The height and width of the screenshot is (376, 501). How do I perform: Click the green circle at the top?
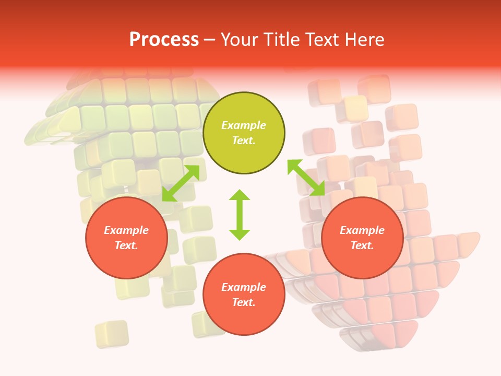(x=244, y=133)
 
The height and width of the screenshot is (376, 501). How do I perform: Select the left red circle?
(x=126, y=238)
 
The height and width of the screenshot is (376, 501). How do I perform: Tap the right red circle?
(x=362, y=238)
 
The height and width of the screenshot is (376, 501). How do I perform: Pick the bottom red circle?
(x=244, y=295)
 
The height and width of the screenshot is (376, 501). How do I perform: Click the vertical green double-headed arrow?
(x=240, y=215)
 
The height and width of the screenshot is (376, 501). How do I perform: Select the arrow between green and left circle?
(x=181, y=183)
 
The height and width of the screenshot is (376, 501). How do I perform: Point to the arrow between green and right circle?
(x=306, y=178)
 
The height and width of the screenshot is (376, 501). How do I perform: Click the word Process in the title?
(x=164, y=39)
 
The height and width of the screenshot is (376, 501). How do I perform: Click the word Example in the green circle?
(x=244, y=125)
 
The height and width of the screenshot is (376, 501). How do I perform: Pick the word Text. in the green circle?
(x=244, y=140)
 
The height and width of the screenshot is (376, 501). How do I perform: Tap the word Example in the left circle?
(x=126, y=230)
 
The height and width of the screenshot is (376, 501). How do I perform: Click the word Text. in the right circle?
(x=362, y=245)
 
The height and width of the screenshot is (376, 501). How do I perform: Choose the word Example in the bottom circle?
(x=244, y=287)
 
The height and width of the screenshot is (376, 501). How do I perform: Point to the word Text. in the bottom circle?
(x=244, y=302)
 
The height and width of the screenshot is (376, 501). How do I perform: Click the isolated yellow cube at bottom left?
(x=112, y=334)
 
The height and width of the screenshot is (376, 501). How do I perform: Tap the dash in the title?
(x=210, y=39)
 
